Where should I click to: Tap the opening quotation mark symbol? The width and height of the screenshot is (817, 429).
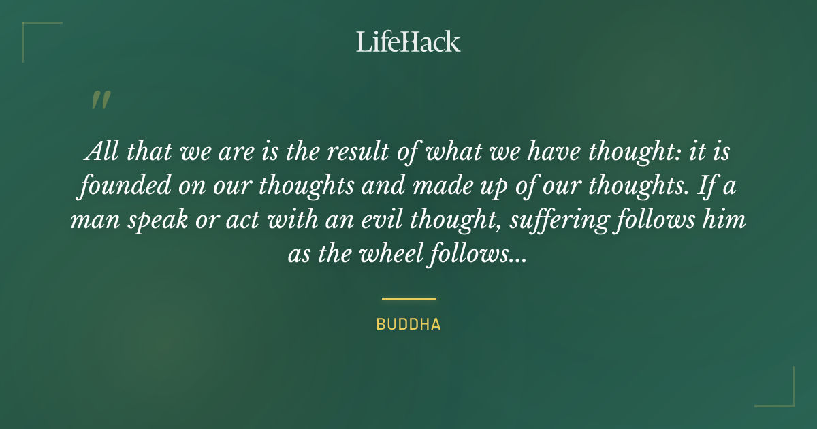tap(100, 100)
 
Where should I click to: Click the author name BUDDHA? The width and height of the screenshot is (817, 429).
tap(408, 325)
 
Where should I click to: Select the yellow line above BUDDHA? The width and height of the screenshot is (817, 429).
tap(408, 298)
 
